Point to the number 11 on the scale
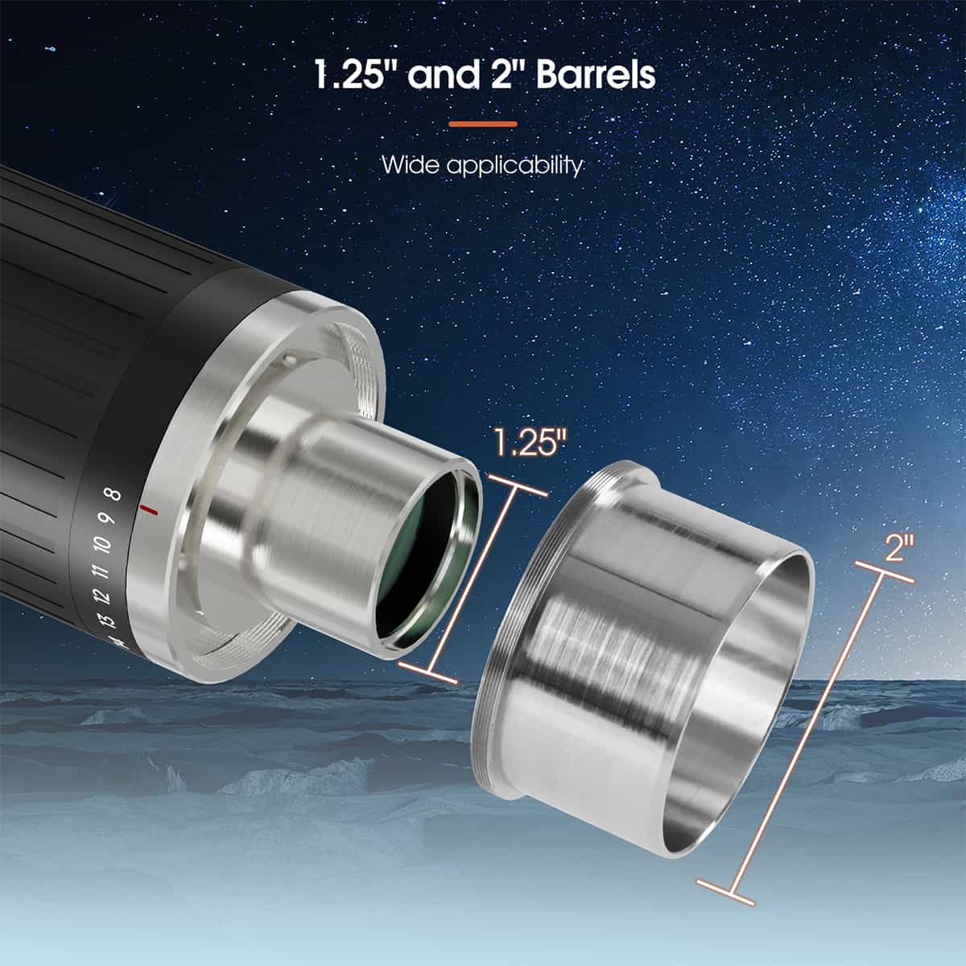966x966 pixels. pos(100,572)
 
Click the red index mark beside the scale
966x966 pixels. pos(149,510)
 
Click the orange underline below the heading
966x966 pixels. pos(482,124)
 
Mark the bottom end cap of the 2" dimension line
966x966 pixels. pos(726,892)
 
